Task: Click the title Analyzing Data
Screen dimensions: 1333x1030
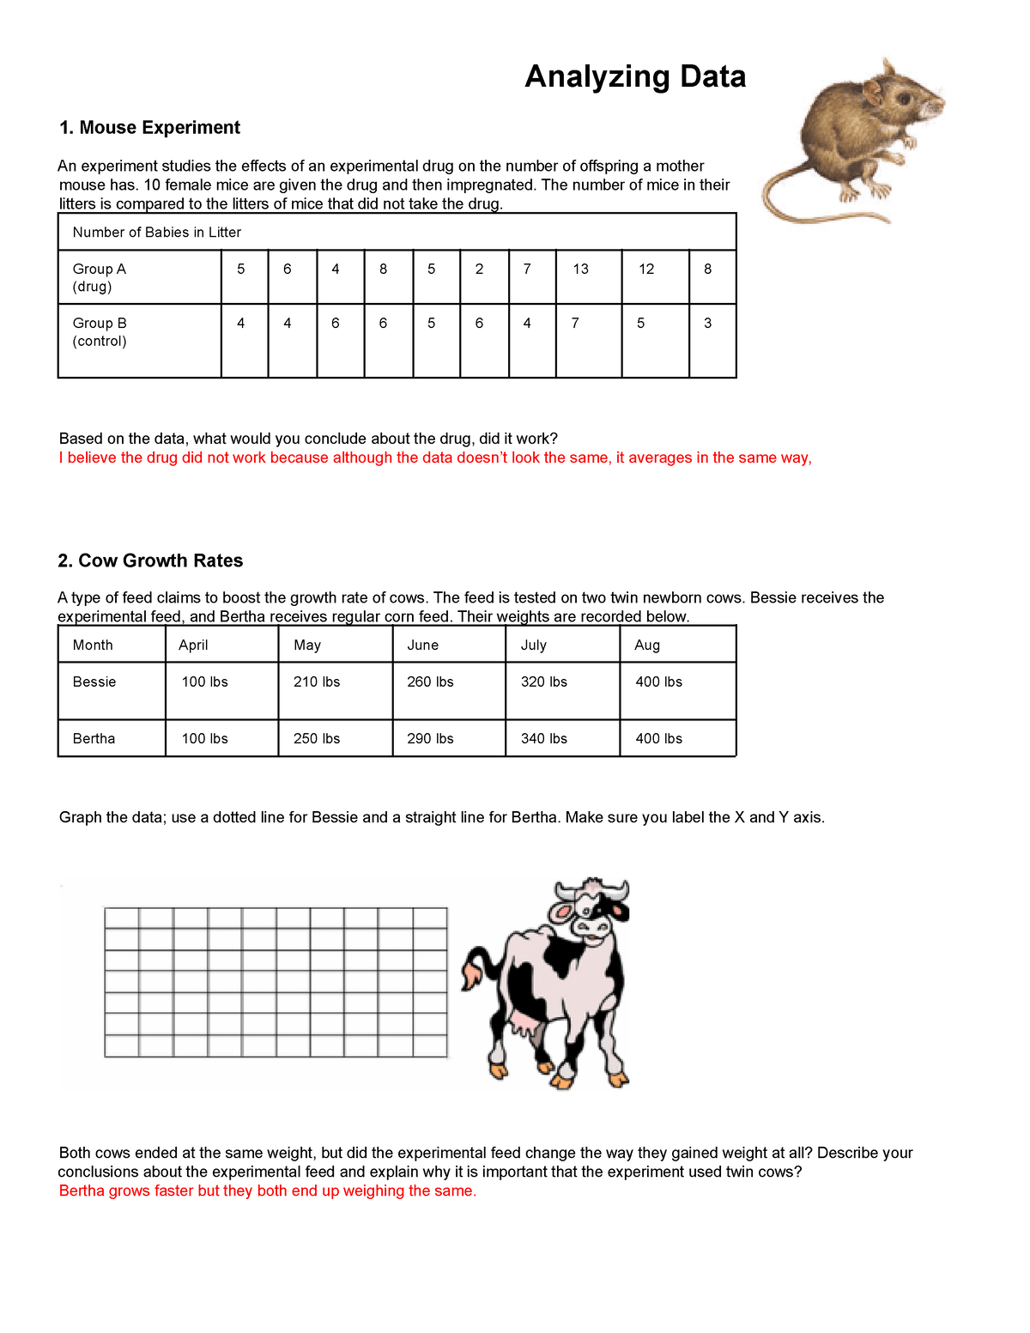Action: pos(634,76)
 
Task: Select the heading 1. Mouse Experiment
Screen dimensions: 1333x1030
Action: pos(149,128)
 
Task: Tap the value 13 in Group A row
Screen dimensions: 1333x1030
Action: pos(580,269)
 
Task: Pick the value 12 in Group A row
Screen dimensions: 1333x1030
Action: pos(646,269)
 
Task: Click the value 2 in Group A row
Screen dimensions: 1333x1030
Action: pos(479,269)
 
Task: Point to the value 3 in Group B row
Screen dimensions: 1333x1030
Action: pos(707,323)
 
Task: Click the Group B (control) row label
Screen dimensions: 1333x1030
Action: pos(100,332)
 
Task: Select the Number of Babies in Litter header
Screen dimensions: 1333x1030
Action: pos(156,232)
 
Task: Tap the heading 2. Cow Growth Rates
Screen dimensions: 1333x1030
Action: pos(150,560)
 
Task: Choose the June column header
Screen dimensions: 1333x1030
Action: pos(422,645)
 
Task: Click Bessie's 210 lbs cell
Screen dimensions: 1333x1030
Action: pos(317,682)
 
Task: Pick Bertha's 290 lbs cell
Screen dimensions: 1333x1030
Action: pos(430,738)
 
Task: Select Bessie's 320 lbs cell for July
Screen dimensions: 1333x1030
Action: pos(543,682)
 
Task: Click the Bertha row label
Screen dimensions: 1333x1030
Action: pos(94,738)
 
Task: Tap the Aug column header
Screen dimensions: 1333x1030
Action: pos(647,645)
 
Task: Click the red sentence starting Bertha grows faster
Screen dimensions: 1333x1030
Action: pos(267,1191)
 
